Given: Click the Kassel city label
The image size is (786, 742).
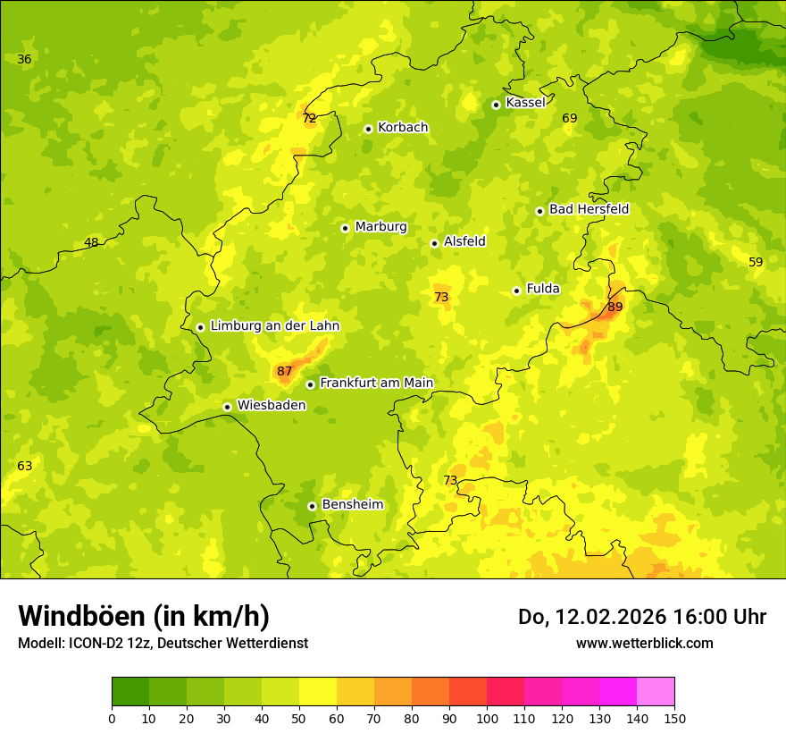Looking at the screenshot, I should coord(525,103).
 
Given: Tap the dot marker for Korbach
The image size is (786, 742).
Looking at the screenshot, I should coord(368,129).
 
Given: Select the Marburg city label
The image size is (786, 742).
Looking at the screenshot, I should coord(380,227).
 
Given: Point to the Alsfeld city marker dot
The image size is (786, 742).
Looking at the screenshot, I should coord(434,243).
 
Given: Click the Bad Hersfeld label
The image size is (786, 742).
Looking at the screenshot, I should coord(589,209).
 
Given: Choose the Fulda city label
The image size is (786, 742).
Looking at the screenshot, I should coord(543,289).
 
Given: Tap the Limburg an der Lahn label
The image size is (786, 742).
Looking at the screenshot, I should coord(274,326).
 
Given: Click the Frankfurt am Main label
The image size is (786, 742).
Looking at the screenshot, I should coord(376,383).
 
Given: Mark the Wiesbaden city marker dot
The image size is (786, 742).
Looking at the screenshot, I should coord(227,407).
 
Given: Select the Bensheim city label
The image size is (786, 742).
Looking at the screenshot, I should coord(352,504).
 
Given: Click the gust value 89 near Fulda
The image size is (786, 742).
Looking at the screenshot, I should coord(615,307).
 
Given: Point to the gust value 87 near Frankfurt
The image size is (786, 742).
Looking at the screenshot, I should coord(284,371).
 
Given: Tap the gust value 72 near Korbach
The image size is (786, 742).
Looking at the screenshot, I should coord(309,118).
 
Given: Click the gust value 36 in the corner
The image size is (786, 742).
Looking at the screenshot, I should coord(24,59).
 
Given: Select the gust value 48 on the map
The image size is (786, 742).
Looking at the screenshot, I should coord(91,242).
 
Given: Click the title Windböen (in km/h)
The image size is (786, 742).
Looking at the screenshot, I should coord(144,616).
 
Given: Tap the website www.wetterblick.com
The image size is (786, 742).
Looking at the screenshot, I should coord(644,643).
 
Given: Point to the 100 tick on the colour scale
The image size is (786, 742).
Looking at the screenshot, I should coord(487,717).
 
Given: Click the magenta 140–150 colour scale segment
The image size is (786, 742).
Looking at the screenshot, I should coord(656,691).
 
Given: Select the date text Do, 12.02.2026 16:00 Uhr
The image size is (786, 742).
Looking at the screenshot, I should coord(641,617).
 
